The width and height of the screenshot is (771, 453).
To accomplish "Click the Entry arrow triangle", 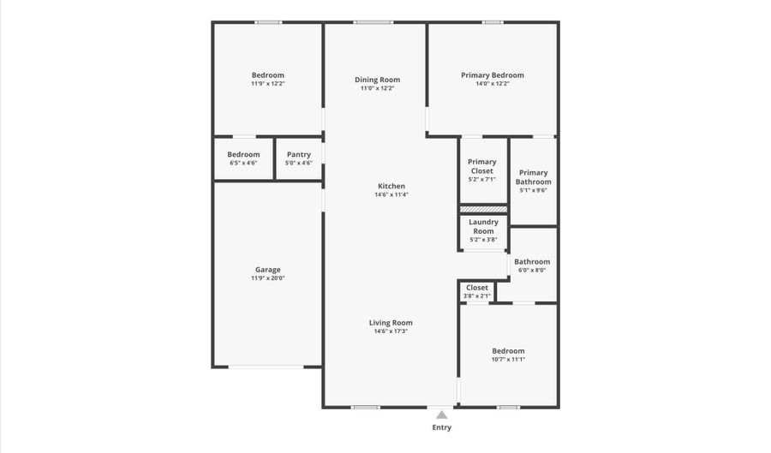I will [441, 414].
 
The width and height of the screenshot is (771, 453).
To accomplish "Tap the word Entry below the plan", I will [441, 427].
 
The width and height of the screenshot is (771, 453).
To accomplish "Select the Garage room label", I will [267, 270].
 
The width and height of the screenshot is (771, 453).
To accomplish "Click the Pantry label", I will [299, 155].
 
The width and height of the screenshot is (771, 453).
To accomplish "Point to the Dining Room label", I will [378, 80].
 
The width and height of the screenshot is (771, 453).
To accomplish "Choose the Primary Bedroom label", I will [492, 75].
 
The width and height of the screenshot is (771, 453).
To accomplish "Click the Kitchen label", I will [391, 186].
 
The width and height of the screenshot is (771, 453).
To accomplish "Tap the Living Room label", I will [391, 323].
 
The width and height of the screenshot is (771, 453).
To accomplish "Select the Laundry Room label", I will [483, 226].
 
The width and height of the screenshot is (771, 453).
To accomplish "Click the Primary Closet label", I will [482, 166].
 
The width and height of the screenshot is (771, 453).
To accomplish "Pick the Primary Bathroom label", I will [533, 177].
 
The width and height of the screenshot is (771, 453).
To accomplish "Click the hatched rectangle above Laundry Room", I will [483, 208].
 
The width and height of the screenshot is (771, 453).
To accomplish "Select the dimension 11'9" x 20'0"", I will [267, 278].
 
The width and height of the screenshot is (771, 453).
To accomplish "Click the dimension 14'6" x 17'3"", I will [391, 331].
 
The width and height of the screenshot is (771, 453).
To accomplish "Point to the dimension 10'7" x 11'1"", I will [508, 360].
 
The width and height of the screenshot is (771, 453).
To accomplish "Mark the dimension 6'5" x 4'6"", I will [243, 163].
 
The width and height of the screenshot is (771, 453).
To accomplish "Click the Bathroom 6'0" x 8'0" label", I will [532, 265].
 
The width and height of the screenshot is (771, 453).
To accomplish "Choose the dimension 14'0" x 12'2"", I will [492, 84].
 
